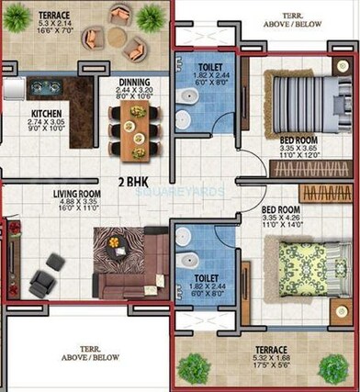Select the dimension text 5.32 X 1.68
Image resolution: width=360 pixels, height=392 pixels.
point(272,360)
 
